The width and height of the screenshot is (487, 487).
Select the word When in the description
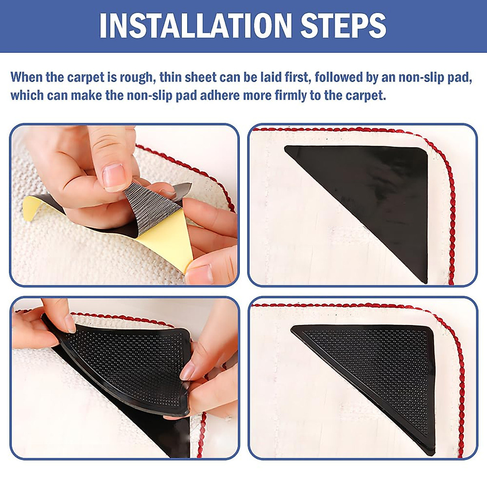coord(27,77)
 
